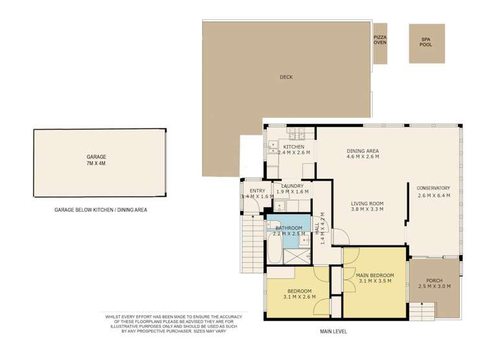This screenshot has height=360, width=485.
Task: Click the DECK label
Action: click(286, 77)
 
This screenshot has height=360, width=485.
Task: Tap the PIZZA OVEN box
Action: click(380, 43)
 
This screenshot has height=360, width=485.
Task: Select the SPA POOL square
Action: click(427, 43)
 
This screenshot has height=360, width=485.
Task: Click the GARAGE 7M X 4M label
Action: click(96, 160)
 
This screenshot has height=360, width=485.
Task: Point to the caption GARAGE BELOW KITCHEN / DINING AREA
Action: click(100, 210)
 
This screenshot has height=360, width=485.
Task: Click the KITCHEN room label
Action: click(293, 146)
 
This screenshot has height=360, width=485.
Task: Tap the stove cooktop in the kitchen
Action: click(297, 133)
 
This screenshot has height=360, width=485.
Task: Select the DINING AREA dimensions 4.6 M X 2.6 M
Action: click(363, 157)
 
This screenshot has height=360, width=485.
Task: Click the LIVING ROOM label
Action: click(367, 203)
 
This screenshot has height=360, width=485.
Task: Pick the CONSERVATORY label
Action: click(433, 188)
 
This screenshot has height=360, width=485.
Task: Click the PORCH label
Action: click(434, 280)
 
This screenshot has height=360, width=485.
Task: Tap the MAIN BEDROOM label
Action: click(375, 275)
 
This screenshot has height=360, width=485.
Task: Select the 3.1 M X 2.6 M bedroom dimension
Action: click(299, 297)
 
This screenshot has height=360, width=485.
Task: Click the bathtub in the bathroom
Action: click(275, 248)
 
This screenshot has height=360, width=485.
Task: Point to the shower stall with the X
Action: click(297, 256)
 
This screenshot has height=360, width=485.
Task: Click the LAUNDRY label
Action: click(292, 186)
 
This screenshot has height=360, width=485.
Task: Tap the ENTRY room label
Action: click(257, 191)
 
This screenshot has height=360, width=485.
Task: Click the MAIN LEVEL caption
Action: click(333, 332)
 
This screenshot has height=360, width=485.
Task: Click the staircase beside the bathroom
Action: click(253, 244)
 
